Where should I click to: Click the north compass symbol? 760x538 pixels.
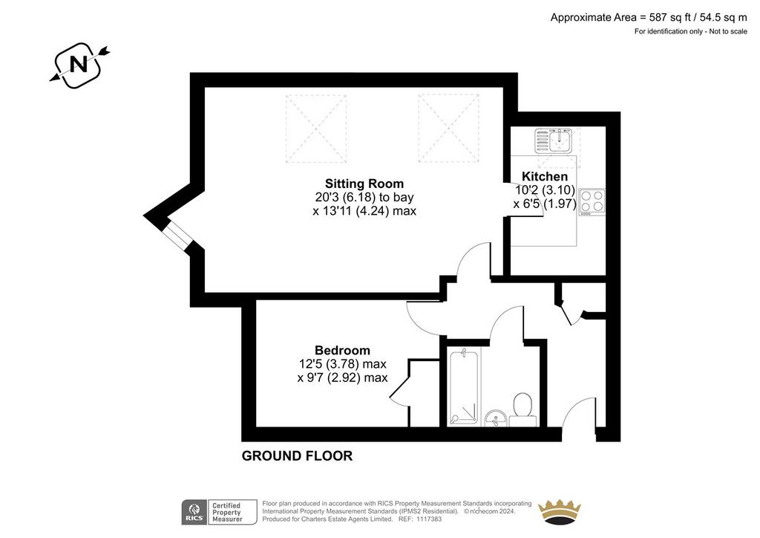(x=79, y=65)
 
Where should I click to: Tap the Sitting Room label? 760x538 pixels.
(x=364, y=184)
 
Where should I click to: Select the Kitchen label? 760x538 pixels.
(x=544, y=176)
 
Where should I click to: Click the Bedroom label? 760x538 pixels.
(x=342, y=350)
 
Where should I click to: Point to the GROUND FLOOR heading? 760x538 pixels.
(x=297, y=456)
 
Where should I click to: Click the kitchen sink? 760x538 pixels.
(x=554, y=140)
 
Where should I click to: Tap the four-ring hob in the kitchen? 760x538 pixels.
(x=592, y=202)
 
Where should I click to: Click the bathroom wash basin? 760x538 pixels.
(x=496, y=418)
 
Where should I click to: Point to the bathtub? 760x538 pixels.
(x=464, y=387)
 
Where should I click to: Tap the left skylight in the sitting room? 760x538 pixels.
(x=316, y=129)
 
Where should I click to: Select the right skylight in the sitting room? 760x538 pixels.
(x=448, y=128)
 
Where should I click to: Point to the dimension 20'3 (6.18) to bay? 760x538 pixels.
(x=364, y=198)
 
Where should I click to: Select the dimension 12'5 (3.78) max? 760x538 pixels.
(x=343, y=364)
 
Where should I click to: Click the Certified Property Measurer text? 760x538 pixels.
(x=227, y=512)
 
